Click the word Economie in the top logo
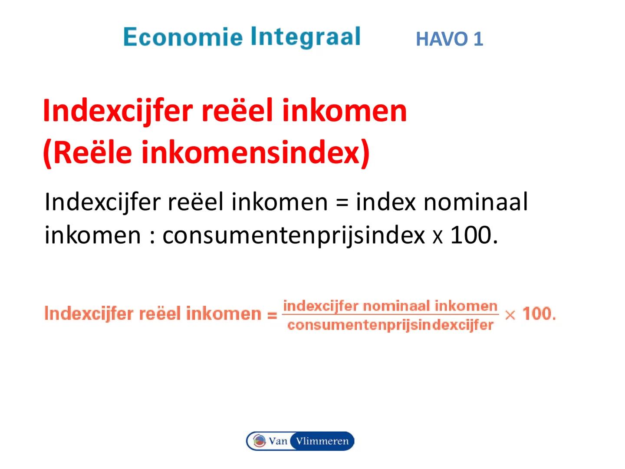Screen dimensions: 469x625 click(182, 37)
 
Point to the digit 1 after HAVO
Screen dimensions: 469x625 click(478, 39)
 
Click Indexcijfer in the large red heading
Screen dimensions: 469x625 click(117, 111)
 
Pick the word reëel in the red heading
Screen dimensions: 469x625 click(237, 111)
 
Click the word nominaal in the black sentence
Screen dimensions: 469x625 click(475, 202)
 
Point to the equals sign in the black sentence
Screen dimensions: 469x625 click(342, 203)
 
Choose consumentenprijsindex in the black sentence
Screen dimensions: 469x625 click(293, 236)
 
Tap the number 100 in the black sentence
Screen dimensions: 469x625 click(471, 235)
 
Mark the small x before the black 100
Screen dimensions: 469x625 click(437, 237)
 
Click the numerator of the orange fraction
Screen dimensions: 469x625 click(390, 306)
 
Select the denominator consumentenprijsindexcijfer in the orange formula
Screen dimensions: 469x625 click(390, 325)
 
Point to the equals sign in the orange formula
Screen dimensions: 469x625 click(272, 314)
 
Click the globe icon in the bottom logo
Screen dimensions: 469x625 click(260, 441)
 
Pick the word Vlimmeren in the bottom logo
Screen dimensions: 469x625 click(322, 441)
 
